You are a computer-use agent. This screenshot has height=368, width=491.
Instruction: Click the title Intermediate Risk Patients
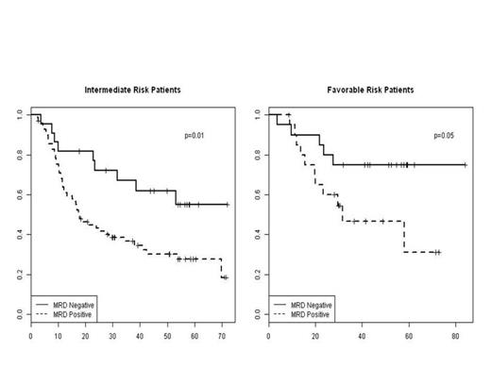pos(133,90)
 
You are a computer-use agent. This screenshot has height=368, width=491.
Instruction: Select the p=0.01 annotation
pos(195,136)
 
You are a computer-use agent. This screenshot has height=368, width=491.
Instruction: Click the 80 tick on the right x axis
pos(456,334)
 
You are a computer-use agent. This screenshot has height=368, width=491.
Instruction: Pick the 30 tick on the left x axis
pos(112,334)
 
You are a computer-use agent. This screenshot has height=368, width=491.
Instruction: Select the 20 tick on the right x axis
pos(315,334)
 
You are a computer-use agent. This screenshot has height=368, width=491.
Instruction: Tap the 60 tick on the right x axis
pos(409,334)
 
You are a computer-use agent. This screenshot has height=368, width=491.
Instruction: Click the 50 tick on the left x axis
pos(167,334)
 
